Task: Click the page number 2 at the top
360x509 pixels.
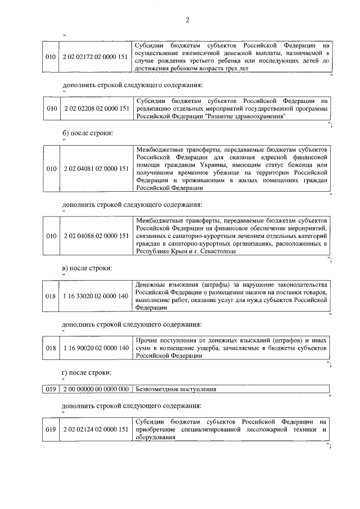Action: pyautogui.click(x=187, y=21)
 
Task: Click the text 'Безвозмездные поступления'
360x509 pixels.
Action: pyautogui.click(x=176, y=389)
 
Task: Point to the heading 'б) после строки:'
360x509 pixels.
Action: pyautogui.click(x=87, y=133)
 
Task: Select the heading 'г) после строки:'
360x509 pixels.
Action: pyautogui.click(x=87, y=372)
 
